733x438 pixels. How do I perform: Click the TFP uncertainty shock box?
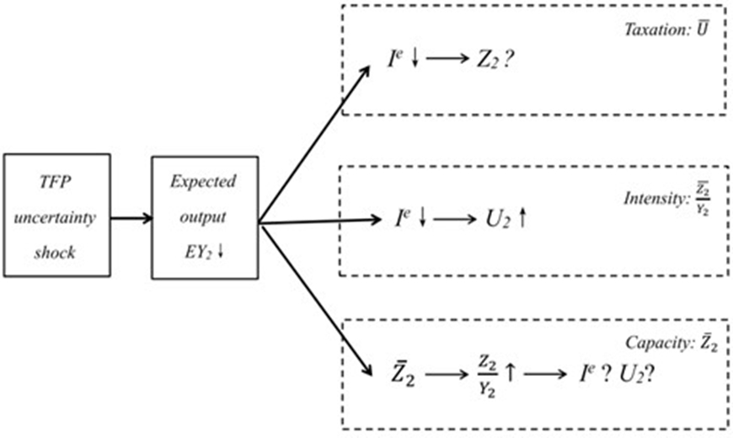tap(56, 216)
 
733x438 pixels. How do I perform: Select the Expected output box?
tap(203, 216)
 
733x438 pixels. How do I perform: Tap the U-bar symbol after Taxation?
tap(710, 29)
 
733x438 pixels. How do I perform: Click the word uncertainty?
tap(56, 216)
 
